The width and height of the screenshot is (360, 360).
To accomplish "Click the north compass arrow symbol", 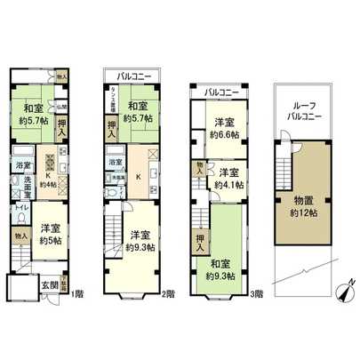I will click(x=345, y=289).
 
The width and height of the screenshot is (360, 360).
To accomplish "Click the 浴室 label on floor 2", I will click(x=115, y=163).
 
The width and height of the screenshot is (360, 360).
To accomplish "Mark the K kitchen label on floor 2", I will click(x=138, y=175).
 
